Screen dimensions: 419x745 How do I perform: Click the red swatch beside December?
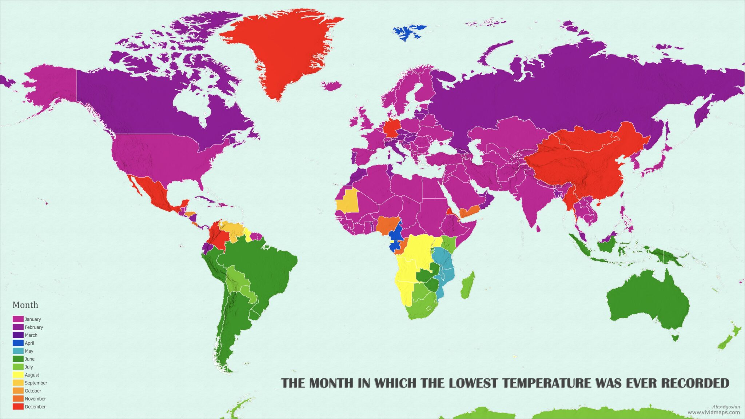click(18, 407)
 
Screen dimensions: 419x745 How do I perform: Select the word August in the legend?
click(32, 375)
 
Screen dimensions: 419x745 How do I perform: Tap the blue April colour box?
click(18, 343)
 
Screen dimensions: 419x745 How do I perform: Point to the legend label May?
click(29, 351)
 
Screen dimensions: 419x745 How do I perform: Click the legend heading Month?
click(25, 305)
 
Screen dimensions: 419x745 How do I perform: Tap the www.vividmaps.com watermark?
click(713, 412)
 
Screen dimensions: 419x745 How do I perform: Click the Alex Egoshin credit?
click(726, 407)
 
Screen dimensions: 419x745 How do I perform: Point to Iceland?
click(332, 86)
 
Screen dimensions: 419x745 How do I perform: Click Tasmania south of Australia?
click(675, 338)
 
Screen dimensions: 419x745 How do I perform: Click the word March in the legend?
click(31, 335)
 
